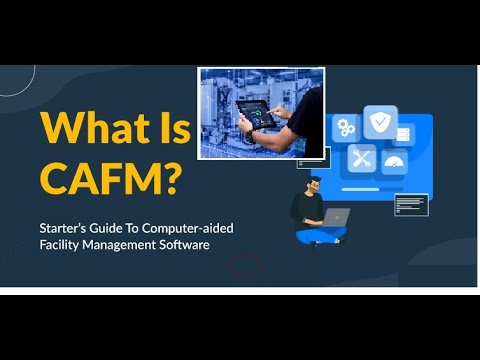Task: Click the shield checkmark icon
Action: (380, 123)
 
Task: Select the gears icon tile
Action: (346, 127)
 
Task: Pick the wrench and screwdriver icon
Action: (361, 158)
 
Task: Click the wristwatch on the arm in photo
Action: (250, 134)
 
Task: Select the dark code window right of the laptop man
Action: (411, 205)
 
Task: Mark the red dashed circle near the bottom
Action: (245, 264)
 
